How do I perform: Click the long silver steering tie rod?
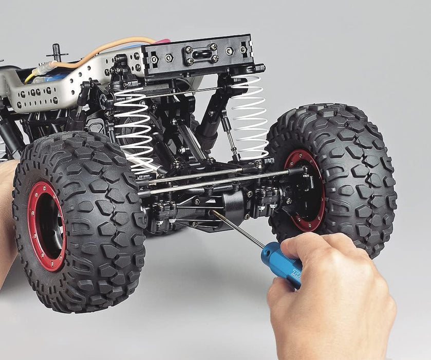pos(216,183)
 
